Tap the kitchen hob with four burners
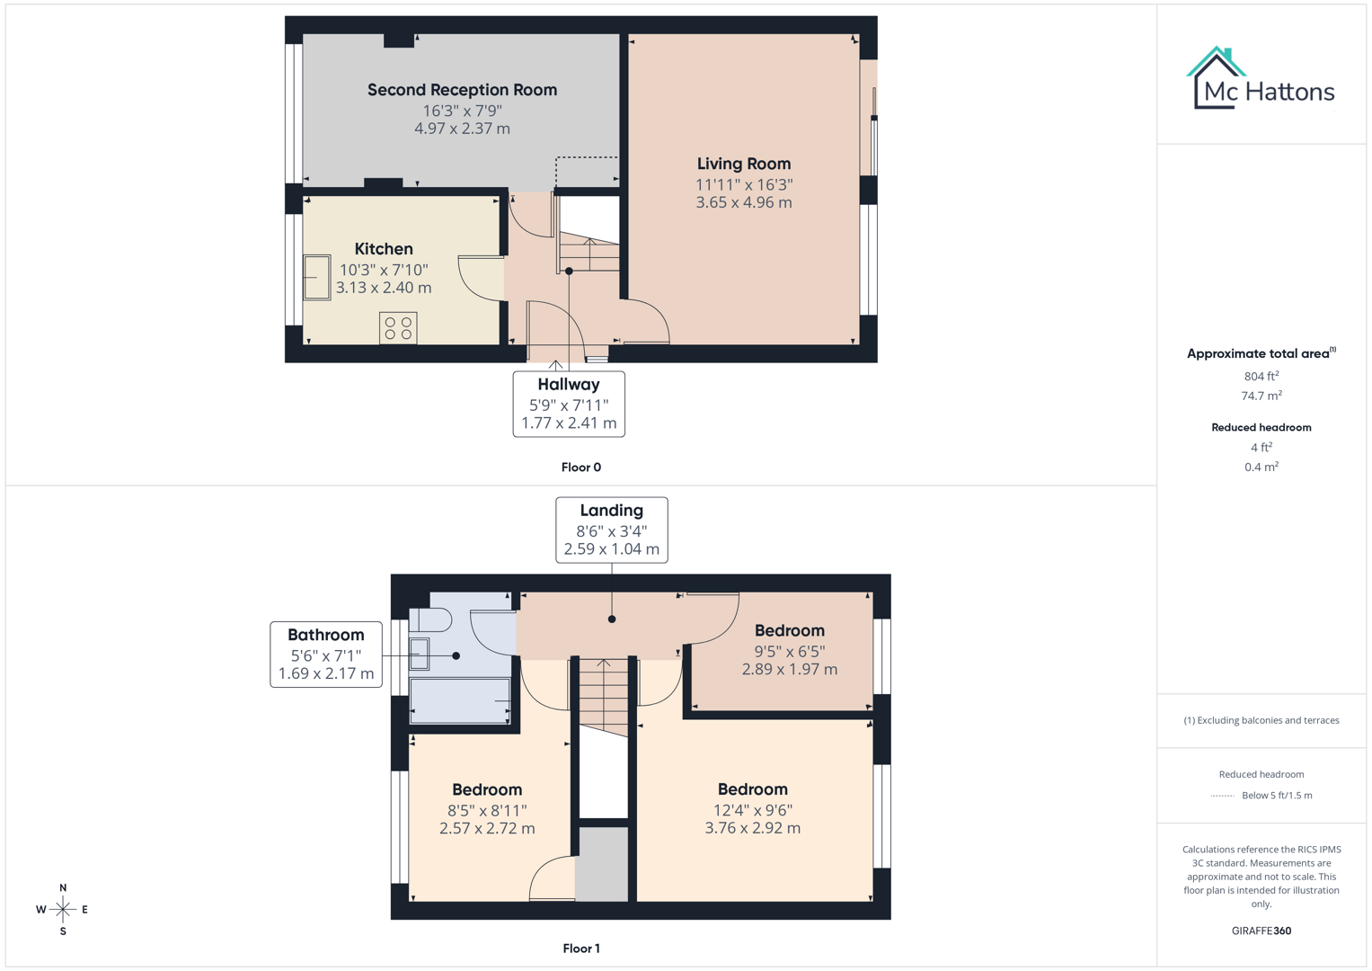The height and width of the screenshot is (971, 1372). [x=398, y=328]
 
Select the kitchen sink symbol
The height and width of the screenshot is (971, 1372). [x=316, y=278]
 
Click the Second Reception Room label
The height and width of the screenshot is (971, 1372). [x=462, y=90]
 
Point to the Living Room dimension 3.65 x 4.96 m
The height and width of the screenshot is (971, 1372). [x=744, y=203]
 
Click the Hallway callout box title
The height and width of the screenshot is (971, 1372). [x=568, y=385]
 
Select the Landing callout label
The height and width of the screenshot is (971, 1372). [x=611, y=511]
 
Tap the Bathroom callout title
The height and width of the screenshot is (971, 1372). [x=325, y=635]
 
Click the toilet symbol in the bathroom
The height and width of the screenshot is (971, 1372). [x=432, y=619]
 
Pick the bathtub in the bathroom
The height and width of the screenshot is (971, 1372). [x=459, y=700]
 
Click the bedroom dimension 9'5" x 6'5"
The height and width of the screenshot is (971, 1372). [x=789, y=651]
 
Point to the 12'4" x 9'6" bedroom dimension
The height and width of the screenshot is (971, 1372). [x=752, y=810]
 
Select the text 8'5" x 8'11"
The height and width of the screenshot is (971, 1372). [x=487, y=810]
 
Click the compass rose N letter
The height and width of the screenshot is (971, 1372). [x=63, y=887]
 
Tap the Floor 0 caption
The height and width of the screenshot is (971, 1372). [x=580, y=468]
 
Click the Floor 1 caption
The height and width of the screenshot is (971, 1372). [x=580, y=949]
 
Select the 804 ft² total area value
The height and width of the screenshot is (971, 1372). [x=1261, y=377]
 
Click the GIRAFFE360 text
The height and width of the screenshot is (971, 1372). [x=1261, y=931]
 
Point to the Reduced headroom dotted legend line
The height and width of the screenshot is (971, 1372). [x=1222, y=796]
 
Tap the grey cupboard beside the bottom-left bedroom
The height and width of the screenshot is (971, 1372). [x=602, y=864]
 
